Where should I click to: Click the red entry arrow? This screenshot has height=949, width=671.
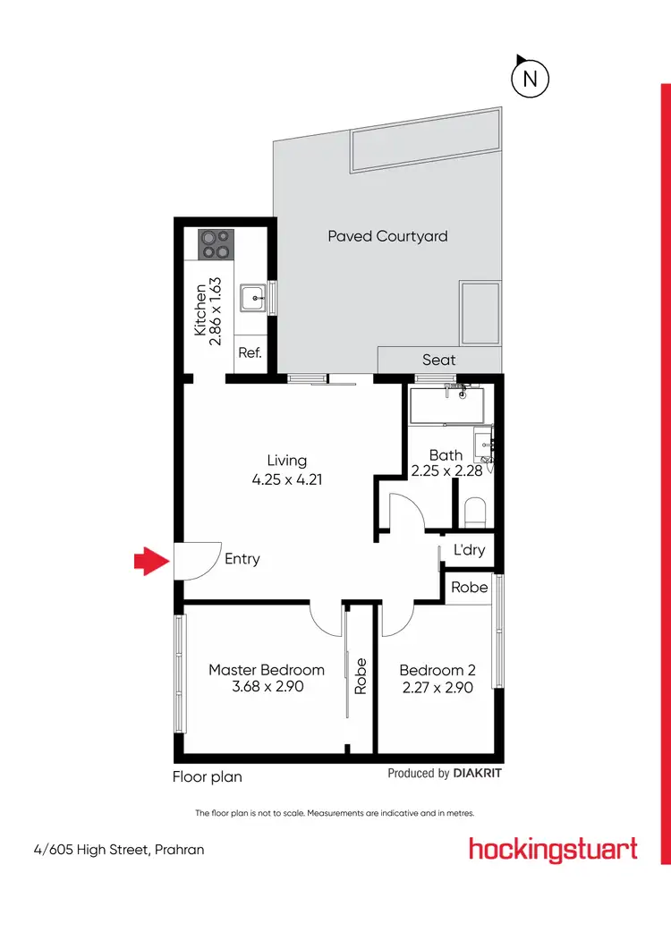pyautogui.click(x=151, y=562)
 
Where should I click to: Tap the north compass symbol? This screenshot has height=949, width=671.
pyautogui.click(x=529, y=78)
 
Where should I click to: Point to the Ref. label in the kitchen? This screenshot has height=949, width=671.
pyautogui.click(x=250, y=352)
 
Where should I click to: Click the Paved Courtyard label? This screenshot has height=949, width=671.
pyautogui.click(x=387, y=236)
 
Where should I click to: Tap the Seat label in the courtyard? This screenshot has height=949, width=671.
pyautogui.click(x=439, y=360)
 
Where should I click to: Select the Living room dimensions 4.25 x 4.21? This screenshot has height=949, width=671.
pyautogui.click(x=287, y=479)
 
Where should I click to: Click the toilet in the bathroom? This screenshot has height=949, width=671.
pyautogui.click(x=475, y=513)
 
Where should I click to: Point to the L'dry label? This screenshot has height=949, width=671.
pyautogui.click(x=470, y=550)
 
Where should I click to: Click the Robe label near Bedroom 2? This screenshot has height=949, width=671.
pyautogui.click(x=470, y=588)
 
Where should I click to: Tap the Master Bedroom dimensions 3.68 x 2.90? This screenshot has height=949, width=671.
pyautogui.click(x=267, y=688)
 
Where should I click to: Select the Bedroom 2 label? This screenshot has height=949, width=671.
pyautogui.click(x=437, y=670)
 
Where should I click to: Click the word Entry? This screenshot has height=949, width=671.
pyautogui.click(x=242, y=559)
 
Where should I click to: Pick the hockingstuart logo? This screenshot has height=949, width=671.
pyautogui.click(x=553, y=849)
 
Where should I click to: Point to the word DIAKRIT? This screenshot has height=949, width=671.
pyautogui.click(x=478, y=774)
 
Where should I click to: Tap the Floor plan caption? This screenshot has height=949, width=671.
pyautogui.click(x=208, y=776)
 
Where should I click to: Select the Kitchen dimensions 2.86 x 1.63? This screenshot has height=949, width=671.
pyautogui.click(x=214, y=307)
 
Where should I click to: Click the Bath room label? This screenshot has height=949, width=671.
pyautogui.click(x=446, y=455)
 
